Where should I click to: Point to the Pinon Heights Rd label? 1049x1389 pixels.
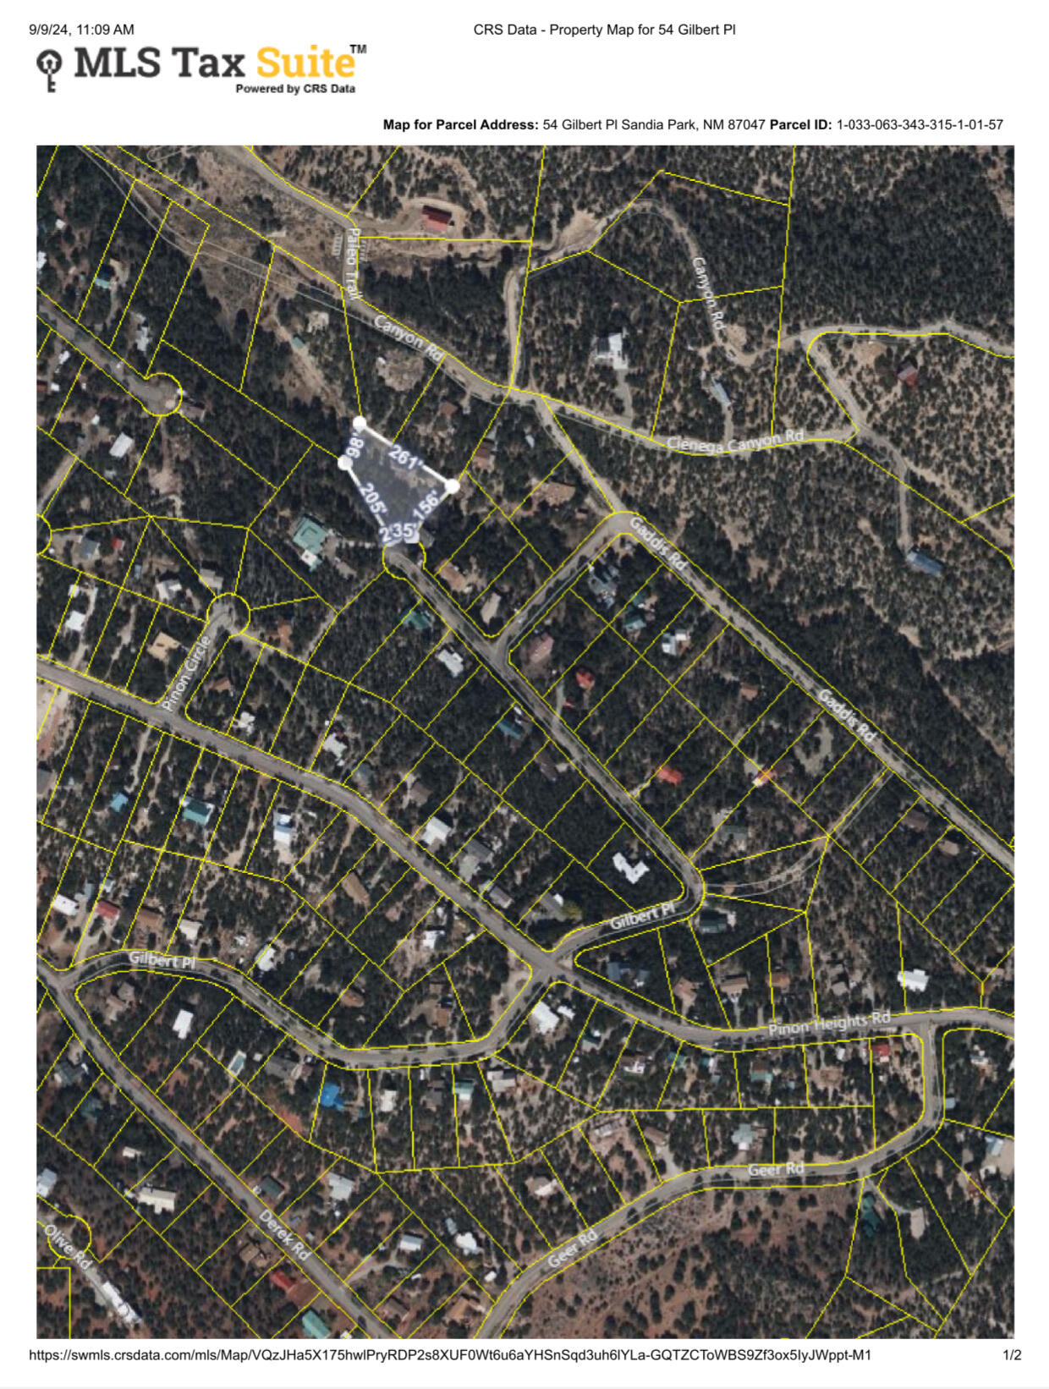[x=829, y=1024]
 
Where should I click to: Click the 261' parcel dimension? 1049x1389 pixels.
[x=405, y=458]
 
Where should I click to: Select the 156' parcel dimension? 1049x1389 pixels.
[x=426, y=504]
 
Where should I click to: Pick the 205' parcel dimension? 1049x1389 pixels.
[x=373, y=500]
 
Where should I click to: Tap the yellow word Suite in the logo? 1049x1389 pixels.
[x=305, y=63]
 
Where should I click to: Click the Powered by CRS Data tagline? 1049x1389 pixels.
[x=295, y=89]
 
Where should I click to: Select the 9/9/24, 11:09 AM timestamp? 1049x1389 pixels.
[x=81, y=30]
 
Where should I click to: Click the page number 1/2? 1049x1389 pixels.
[x=1012, y=1355]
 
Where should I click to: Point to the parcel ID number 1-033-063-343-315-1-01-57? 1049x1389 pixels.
[x=920, y=124]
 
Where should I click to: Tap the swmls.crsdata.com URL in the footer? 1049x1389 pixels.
[x=450, y=1355]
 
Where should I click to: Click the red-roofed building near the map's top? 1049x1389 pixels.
[x=437, y=218]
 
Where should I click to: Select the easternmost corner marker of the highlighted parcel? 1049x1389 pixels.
[x=452, y=486]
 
